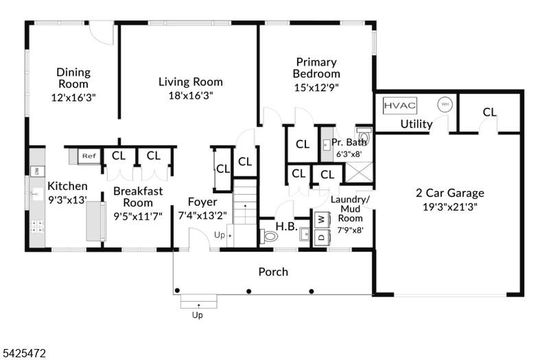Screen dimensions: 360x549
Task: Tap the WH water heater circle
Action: click(x=445, y=104)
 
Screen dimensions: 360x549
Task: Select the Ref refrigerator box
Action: click(x=89, y=156)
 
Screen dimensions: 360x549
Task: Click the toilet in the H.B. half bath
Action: click(x=270, y=237)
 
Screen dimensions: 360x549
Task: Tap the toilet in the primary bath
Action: click(x=363, y=137)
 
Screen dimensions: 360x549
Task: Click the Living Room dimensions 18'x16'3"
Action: click(x=190, y=96)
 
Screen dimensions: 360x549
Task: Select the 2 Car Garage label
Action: click(x=449, y=193)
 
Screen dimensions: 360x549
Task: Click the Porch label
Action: click(x=273, y=272)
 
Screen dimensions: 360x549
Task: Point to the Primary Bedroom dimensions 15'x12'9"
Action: click(x=316, y=87)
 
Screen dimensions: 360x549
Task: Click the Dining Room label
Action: click(x=73, y=77)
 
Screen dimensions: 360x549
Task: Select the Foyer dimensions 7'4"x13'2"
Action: click(x=202, y=215)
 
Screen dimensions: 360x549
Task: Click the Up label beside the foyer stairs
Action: click(x=219, y=235)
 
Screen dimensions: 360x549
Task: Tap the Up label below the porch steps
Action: click(x=198, y=315)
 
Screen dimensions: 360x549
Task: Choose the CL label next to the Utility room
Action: click(x=489, y=112)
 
